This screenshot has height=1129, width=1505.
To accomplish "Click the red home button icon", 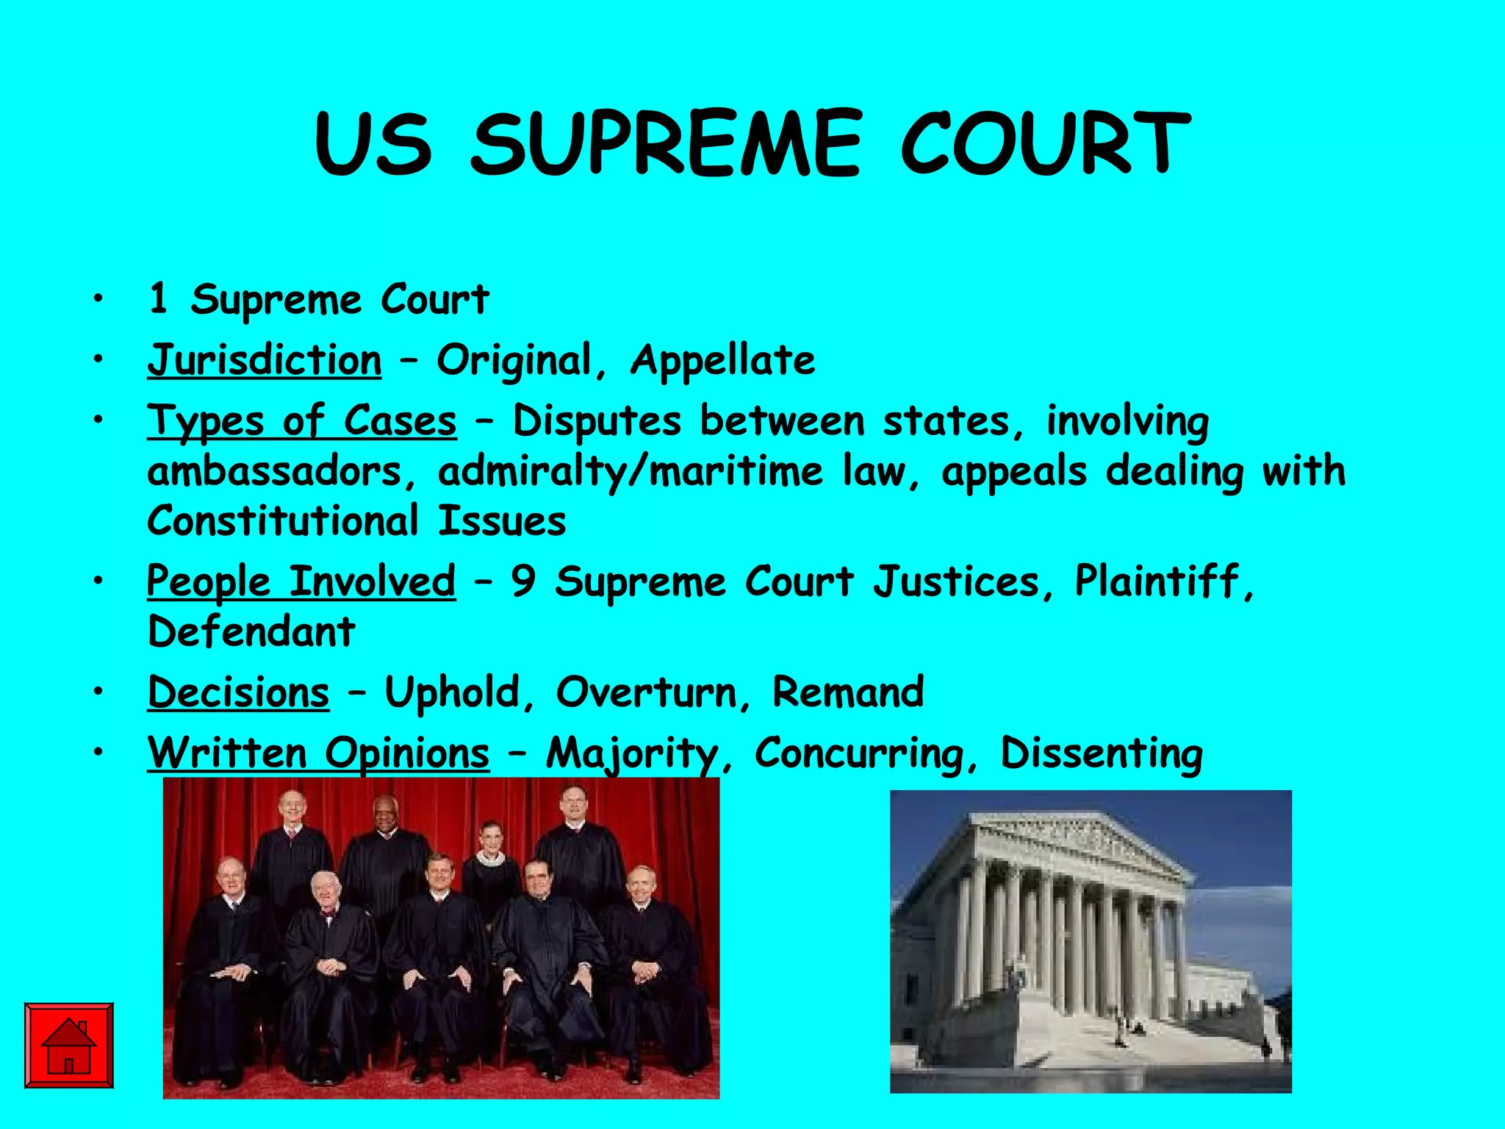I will point(68,1044).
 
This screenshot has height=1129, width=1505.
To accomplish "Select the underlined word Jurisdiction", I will point(265,361).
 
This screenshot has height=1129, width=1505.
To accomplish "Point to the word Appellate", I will point(723,361).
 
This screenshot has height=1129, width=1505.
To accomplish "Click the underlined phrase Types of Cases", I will point(301,422).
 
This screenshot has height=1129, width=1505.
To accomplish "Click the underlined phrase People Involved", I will point(301,582).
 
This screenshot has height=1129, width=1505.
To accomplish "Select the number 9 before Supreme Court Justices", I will point(522,582).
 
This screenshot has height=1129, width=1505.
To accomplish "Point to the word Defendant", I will point(251,632).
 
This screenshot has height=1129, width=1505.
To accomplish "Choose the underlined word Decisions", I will point(238,693).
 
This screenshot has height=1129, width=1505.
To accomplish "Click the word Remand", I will point(848,693).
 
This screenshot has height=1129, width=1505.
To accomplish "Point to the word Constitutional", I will point(283,522).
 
